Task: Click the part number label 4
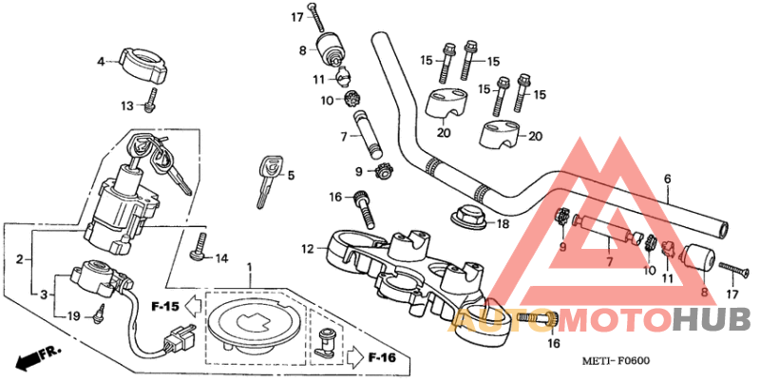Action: [101, 62]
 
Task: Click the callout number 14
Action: [222, 258]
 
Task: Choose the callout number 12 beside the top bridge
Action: [307, 249]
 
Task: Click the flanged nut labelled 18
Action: [465, 216]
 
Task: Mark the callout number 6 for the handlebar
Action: [667, 179]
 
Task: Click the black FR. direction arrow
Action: [36, 357]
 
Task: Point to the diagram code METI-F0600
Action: [616, 361]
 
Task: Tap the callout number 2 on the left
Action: [18, 258]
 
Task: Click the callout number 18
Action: [503, 224]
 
